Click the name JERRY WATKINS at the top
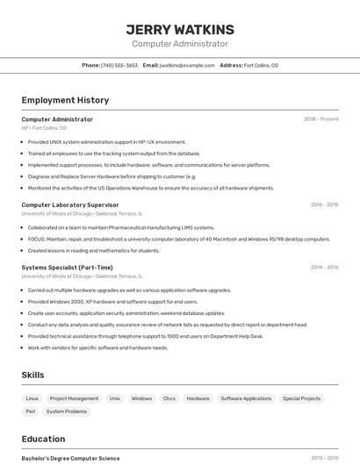point(180,29)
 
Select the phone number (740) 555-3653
point(119,65)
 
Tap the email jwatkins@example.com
point(187,65)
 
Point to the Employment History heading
point(65,100)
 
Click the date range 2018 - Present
point(320,119)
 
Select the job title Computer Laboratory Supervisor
point(69,204)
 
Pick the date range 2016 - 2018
point(324,204)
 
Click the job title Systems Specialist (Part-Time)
point(67,268)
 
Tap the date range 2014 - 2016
point(324,268)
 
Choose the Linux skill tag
point(32,398)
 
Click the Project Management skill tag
point(74,398)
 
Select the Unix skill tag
point(115,398)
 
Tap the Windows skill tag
point(141,398)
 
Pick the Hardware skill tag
point(198,398)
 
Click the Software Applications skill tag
point(246,398)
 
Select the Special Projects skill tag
point(301,398)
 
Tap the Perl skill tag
point(31,411)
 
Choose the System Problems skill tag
point(67,411)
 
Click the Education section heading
point(43,439)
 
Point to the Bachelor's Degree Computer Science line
point(70,458)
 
